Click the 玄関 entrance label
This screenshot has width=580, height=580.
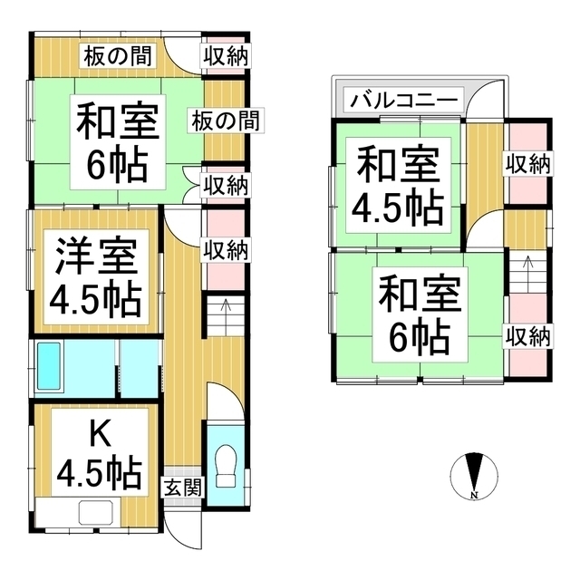183,488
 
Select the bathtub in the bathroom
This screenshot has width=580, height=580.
49,366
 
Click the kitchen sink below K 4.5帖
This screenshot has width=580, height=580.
96,512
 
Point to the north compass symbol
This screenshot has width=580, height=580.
474,476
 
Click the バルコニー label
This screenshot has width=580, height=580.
403,100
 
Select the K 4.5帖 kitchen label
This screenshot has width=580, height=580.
100,453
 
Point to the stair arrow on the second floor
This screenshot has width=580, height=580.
527,269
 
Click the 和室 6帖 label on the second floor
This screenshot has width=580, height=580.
420,314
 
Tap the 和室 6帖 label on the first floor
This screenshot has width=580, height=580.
118,142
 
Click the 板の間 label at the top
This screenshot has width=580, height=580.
118,56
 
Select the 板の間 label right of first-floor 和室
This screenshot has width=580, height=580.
226,121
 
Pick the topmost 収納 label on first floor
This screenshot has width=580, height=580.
226,56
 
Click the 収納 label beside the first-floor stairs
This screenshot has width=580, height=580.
226,251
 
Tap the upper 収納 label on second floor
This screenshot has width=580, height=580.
527,164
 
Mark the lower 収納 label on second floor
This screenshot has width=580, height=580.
527,336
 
